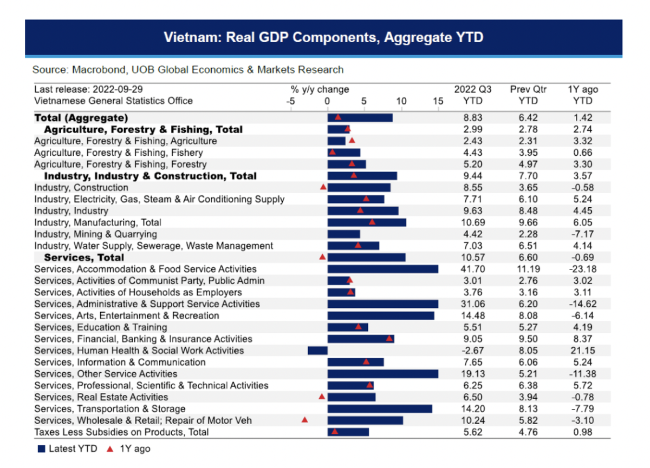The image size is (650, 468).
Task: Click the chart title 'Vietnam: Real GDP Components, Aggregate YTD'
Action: (x=323, y=38)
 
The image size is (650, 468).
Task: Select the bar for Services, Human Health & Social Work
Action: (x=317, y=351)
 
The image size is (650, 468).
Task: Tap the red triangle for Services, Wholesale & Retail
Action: (x=304, y=419)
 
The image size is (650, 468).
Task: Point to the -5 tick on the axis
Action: (x=291, y=101)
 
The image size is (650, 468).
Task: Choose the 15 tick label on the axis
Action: (x=438, y=101)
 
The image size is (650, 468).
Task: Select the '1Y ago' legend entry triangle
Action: (x=110, y=449)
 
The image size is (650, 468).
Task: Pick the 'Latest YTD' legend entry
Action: (x=68, y=449)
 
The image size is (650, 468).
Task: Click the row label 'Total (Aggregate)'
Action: (x=81, y=117)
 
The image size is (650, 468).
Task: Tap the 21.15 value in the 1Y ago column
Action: (x=582, y=351)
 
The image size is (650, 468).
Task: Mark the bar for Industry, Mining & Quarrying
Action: (x=344, y=234)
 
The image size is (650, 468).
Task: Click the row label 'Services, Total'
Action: (x=84, y=258)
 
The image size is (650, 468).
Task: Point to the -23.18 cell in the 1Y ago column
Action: (x=581, y=269)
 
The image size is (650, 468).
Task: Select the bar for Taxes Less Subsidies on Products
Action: (x=348, y=432)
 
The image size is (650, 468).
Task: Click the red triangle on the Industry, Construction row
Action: (x=323, y=187)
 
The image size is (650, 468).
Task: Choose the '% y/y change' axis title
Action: (x=320, y=89)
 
